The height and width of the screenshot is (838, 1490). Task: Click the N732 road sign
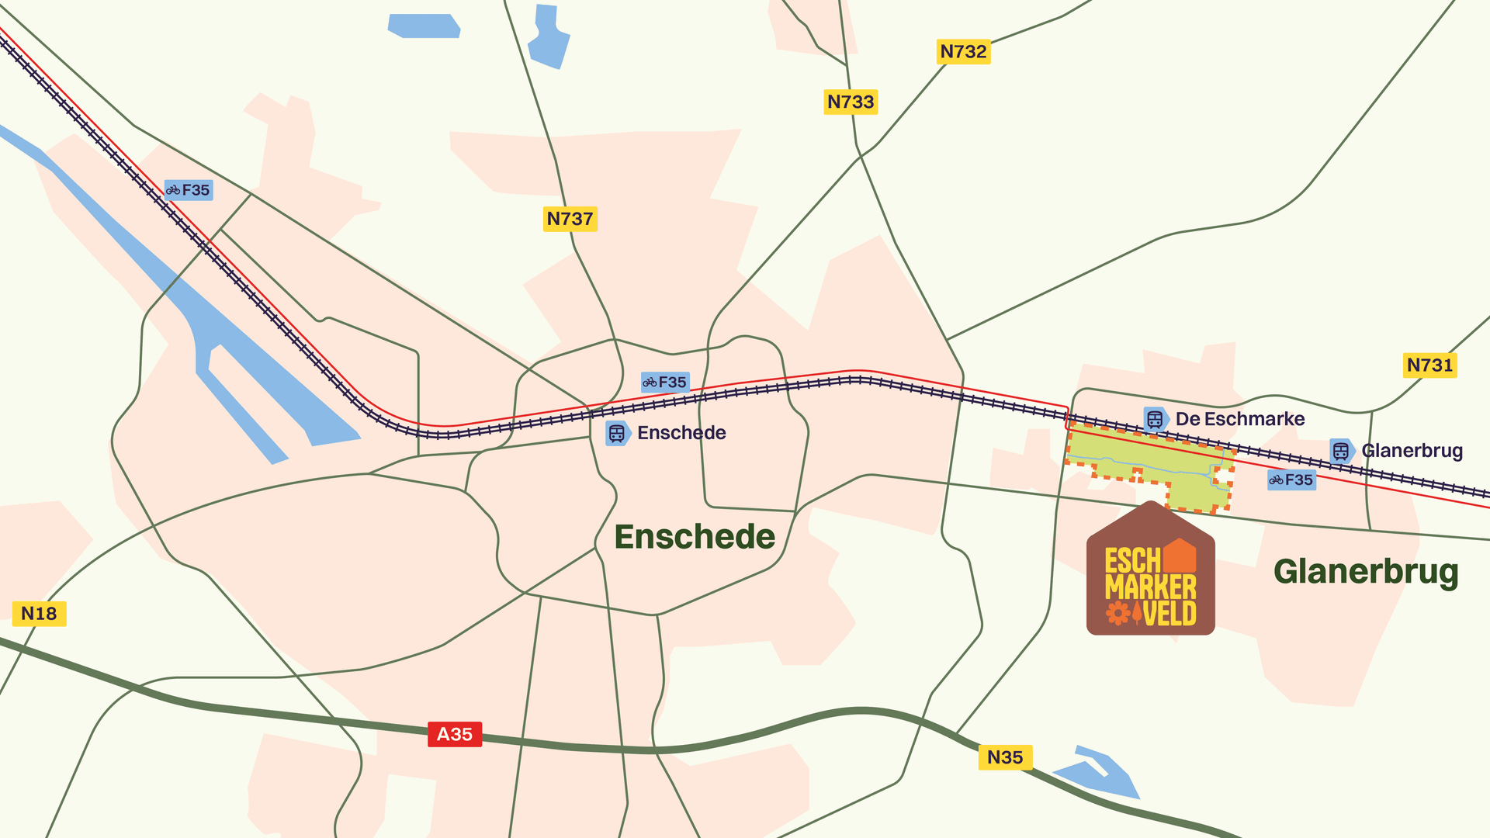963,52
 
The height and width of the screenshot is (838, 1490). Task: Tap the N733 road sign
851,102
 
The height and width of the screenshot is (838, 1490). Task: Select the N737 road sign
570,219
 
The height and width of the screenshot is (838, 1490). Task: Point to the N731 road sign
1429,365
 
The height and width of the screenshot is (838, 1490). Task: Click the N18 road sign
39,614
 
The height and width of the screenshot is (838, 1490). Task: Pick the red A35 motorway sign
455,734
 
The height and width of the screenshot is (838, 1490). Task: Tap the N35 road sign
1005,757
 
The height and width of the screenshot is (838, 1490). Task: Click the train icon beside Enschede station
617,433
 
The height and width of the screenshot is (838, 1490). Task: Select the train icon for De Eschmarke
1155,419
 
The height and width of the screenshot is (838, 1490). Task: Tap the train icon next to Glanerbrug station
1341,451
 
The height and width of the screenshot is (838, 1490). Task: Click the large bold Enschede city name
695,537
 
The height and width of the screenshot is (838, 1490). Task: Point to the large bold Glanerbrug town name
1366,572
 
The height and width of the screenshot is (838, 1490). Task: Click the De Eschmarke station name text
1240,419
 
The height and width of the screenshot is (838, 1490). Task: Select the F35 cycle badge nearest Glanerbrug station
1291,480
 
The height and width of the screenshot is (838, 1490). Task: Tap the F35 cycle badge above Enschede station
665,382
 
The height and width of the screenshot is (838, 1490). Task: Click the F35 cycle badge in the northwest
189,190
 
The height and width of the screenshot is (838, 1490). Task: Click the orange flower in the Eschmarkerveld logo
1118,613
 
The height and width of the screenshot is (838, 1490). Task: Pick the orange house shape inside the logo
1180,556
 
